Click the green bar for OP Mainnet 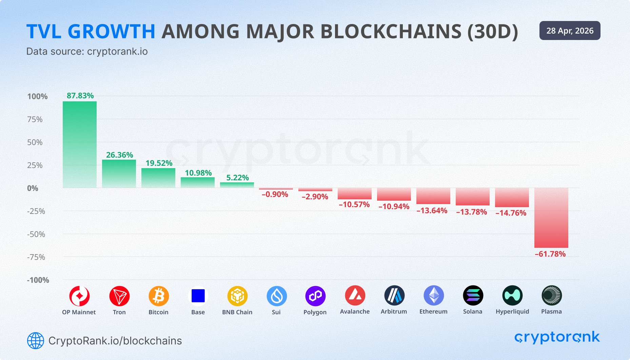coord(80,144)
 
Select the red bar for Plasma coord(551,218)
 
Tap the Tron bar coord(119,174)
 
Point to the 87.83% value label coord(80,96)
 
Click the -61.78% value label coord(550,254)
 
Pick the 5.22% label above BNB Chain coord(237,178)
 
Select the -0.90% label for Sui coord(275,194)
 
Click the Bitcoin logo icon coord(158,296)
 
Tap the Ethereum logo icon coord(433,295)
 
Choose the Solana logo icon coord(473,295)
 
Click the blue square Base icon coord(198,296)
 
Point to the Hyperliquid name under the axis coord(512,312)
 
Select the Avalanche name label coord(355,312)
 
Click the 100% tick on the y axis coord(37,97)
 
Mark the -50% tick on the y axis coord(36,234)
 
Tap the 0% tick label coord(33,188)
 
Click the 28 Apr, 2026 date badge coord(570,31)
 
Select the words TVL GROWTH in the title coord(91,32)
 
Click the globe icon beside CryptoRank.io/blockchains coord(36,341)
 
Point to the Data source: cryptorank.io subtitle coord(87,52)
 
